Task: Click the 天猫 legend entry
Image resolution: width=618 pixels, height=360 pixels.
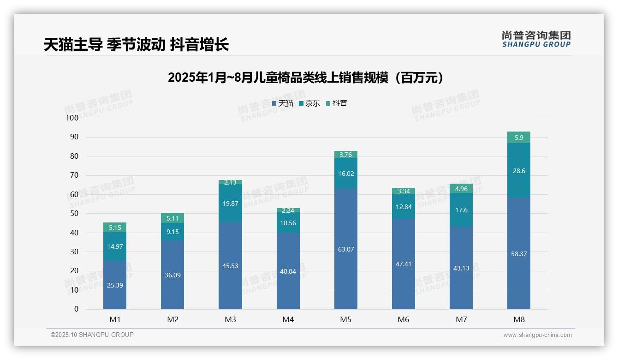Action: [283, 103]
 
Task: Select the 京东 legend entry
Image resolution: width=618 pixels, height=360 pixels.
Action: [309, 103]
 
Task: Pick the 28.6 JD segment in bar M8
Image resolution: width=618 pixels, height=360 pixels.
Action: [519, 171]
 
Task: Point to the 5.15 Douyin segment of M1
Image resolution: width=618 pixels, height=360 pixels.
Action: [115, 228]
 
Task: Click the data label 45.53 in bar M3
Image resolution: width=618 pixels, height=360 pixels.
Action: [230, 266]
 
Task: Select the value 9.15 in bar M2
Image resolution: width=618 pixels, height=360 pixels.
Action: [172, 232]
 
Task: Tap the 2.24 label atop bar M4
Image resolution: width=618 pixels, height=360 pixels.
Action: [288, 210]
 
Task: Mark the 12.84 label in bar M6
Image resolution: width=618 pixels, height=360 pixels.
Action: [404, 207]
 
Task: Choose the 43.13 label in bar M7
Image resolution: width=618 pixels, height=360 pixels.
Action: [461, 268]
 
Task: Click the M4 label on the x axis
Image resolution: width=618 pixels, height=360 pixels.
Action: [288, 319]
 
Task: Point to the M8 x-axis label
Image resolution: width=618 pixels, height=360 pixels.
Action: [519, 319]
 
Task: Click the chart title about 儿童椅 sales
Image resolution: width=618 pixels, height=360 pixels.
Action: [306, 78]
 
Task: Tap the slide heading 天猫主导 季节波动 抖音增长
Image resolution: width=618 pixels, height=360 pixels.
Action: [137, 45]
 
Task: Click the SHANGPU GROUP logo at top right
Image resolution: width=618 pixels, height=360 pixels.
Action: [536, 39]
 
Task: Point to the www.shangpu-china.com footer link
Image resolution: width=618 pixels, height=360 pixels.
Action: [537, 335]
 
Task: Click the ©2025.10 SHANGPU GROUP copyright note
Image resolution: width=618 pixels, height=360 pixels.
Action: [92, 335]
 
